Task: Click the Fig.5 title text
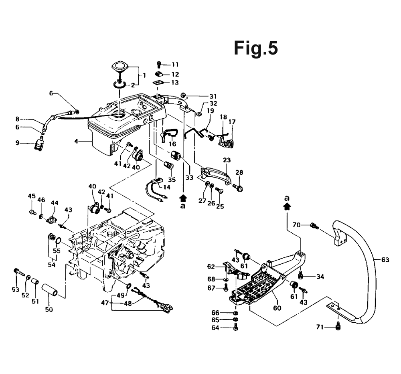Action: click(256, 48)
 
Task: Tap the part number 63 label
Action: click(385, 260)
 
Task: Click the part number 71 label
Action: click(320, 327)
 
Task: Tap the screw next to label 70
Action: click(314, 226)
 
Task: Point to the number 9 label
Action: click(17, 142)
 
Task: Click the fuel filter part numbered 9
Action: click(39, 144)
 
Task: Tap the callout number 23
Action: click(227, 160)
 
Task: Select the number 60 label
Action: click(277, 308)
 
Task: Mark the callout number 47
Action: click(105, 303)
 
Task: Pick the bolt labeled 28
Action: click(238, 188)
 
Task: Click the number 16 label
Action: click(172, 144)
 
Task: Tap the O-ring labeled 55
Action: click(58, 240)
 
